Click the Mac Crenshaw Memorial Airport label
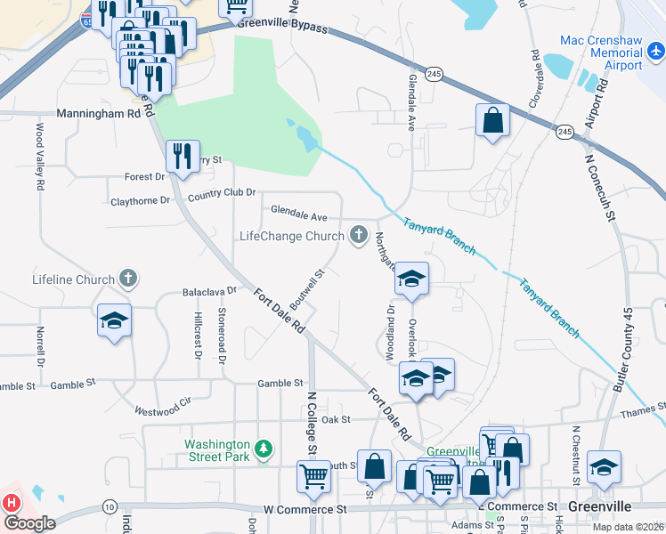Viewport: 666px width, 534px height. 602,53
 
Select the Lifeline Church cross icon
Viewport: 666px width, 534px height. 128,279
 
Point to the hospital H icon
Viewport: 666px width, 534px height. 11,502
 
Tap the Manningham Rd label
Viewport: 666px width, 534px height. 98,114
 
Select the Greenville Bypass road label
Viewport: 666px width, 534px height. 282,26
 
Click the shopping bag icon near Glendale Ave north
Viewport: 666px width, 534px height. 493,119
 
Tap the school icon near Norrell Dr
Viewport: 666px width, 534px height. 114,320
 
